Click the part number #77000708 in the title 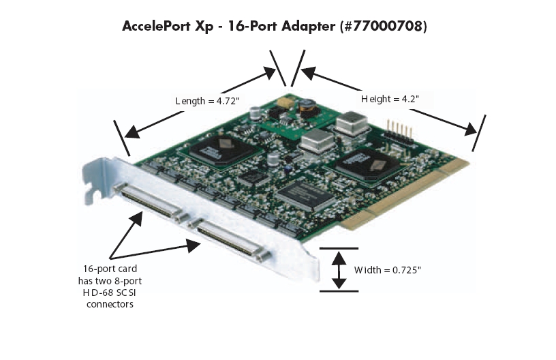(x=384, y=26)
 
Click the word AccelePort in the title (x=156, y=26)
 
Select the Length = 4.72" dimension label (x=207, y=101)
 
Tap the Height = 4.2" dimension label (x=390, y=99)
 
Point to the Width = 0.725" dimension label (x=387, y=270)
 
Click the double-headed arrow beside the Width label (x=339, y=270)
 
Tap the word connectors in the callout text (x=110, y=304)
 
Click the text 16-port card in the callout (x=110, y=269)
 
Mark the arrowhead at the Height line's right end (x=472, y=129)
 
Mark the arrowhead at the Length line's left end (x=132, y=132)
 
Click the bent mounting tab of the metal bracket (x=93, y=181)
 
